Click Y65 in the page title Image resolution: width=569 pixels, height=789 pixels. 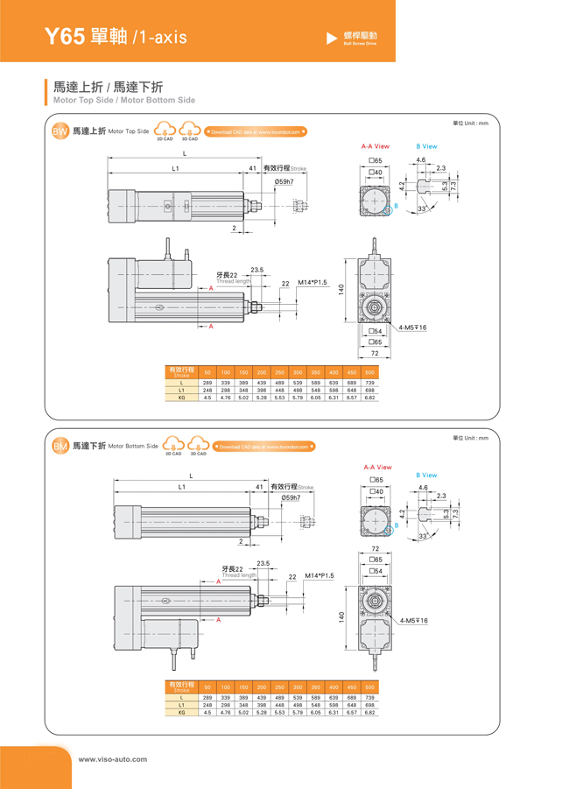(x=65, y=37)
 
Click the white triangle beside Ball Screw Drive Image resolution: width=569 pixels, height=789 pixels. (x=331, y=38)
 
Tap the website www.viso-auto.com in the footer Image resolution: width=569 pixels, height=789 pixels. (x=113, y=759)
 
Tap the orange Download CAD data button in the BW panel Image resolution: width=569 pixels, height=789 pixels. (x=255, y=132)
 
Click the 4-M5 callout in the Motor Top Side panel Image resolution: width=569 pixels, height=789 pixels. (x=412, y=327)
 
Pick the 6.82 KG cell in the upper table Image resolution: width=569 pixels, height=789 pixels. (x=369, y=398)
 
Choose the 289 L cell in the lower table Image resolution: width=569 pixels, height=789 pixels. (x=207, y=697)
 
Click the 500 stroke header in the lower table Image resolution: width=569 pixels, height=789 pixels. (x=369, y=687)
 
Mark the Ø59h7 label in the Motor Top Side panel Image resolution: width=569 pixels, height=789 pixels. (x=284, y=181)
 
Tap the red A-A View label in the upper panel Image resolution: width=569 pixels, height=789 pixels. (x=376, y=146)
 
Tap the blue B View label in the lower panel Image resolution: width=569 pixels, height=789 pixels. (x=426, y=475)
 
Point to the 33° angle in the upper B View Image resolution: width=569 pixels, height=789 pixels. (x=422, y=209)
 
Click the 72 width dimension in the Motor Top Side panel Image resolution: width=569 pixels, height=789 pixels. (x=375, y=352)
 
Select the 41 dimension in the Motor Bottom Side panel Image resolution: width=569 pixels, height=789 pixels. (x=259, y=486)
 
